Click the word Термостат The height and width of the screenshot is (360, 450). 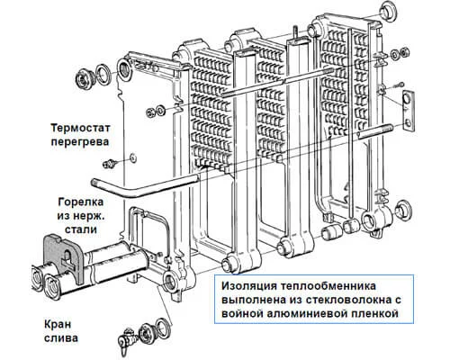[80, 128]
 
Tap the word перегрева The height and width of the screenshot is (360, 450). [80, 141]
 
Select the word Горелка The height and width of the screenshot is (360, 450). [81, 202]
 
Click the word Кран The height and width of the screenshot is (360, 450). [58, 324]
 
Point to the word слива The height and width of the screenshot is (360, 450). [61, 338]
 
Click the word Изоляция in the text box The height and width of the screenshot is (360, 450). [249, 286]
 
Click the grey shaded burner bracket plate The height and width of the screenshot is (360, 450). [62, 257]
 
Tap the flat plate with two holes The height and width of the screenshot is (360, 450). [409, 110]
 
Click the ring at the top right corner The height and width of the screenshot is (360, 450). [388, 10]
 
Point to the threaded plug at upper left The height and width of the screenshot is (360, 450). [84, 78]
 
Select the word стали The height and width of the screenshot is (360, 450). [81, 229]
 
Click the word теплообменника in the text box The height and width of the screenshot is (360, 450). [328, 286]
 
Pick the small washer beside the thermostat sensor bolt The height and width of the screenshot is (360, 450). [132, 157]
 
